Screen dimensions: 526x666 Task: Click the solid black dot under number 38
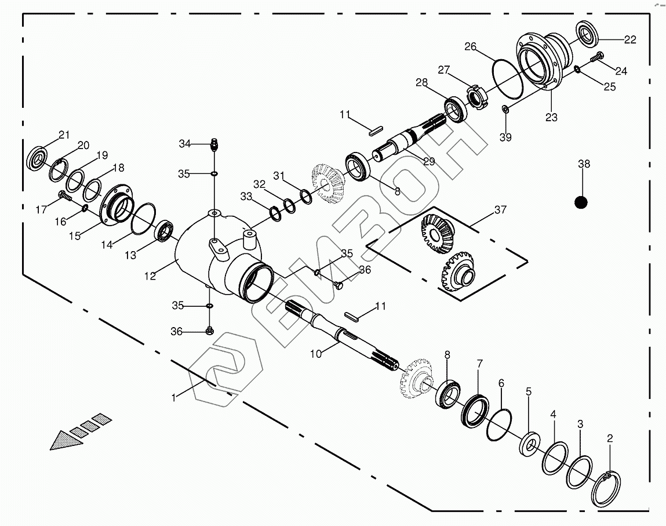pyautogui.click(x=581, y=202)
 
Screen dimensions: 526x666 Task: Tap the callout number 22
pyautogui.click(x=629, y=39)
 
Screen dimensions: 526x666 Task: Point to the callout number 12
pyautogui.click(x=150, y=276)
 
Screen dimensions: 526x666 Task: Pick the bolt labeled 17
pyautogui.click(x=64, y=197)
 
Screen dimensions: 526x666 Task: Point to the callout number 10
pyautogui.click(x=315, y=353)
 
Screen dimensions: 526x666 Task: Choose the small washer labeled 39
pyautogui.click(x=505, y=108)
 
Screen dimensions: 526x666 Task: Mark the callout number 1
pyautogui.click(x=173, y=397)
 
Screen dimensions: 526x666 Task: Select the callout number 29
pyautogui.click(x=428, y=161)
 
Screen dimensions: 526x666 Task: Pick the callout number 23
pyautogui.click(x=551, y=117)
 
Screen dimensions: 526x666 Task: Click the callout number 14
pyautogui.click(x=106, y=245)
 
